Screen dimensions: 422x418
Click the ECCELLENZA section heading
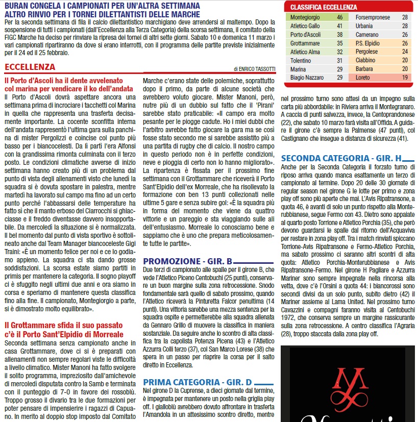click(x=30, y=67)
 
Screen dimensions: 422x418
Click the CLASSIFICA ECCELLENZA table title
click(x=323, y=7)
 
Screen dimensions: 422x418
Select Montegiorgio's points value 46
click(x=339, y=17)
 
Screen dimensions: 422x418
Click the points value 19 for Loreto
click(x=405, y=78)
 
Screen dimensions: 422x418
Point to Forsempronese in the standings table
click(x=373, y=17)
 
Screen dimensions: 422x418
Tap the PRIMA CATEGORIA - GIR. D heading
click(x=198, y=382)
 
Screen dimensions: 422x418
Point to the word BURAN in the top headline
click(x=19, y=6)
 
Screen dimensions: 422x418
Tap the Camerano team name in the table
click(x=367, y=35)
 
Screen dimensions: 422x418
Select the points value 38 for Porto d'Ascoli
click(x=339, y=35)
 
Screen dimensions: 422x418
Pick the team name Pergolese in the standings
click(x=367, y=52)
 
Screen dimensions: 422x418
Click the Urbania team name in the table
click(x=364, y=26)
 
